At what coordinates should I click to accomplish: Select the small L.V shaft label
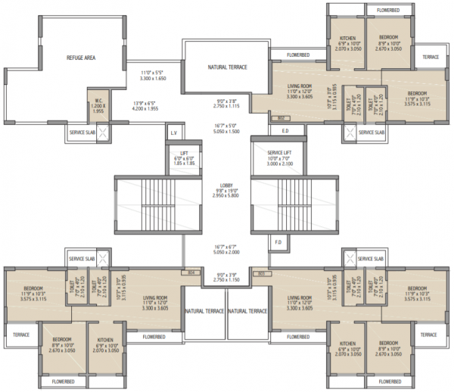(x=173, y=133)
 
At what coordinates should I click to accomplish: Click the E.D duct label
(x=285, y=130)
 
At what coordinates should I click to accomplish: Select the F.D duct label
(x=278, y=242)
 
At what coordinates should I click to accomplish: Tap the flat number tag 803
(x=261, y=272)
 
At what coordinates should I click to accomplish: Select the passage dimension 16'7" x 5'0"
(x=227, y=127)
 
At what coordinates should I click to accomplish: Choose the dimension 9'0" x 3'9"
(x=227, y=277)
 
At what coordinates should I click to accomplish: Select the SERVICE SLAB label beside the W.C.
(x=82, y=132)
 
